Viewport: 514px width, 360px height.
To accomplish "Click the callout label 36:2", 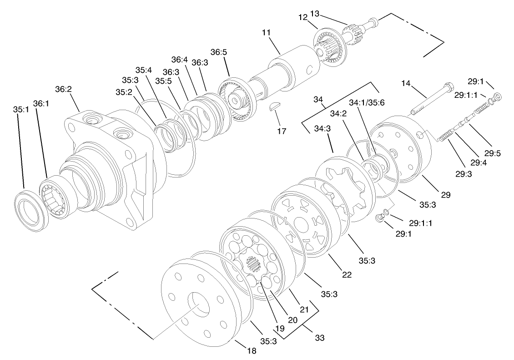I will (x=64, y=89).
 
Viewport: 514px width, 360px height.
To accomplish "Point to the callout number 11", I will (x=266, y=33).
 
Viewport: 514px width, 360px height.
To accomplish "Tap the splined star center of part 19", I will (x=252, y=264).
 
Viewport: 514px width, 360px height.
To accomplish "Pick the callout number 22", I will (x=347, y=275).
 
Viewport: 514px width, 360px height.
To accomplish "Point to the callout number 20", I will (x=292, y=319).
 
